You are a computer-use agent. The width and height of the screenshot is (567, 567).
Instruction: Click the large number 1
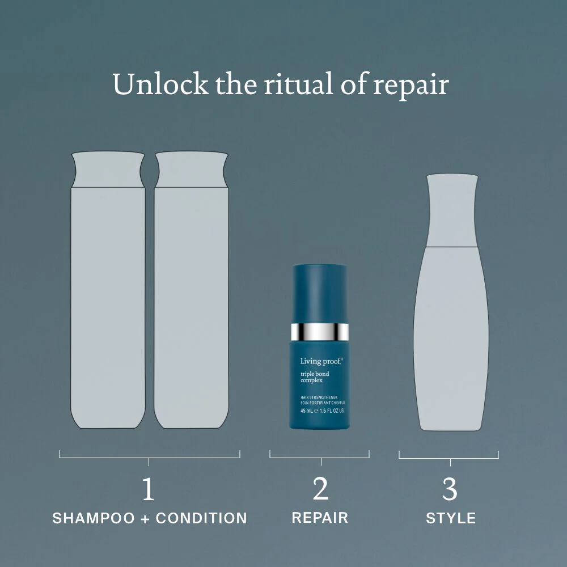[148, 489]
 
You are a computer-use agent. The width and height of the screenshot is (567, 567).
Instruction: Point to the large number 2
[320, 489]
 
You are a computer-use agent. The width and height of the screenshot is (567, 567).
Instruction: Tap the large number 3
[449, 489]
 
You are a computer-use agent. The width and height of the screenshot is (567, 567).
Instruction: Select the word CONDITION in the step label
[201, 518]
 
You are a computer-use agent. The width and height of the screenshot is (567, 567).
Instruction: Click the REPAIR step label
[320, 518]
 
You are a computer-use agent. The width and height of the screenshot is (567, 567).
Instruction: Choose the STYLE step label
[451, 518]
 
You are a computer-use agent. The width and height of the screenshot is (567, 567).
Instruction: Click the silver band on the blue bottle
[319, 331]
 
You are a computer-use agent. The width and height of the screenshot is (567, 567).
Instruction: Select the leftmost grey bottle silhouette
[108, 295]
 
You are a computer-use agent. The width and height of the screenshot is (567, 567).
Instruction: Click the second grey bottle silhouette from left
[191, 295]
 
